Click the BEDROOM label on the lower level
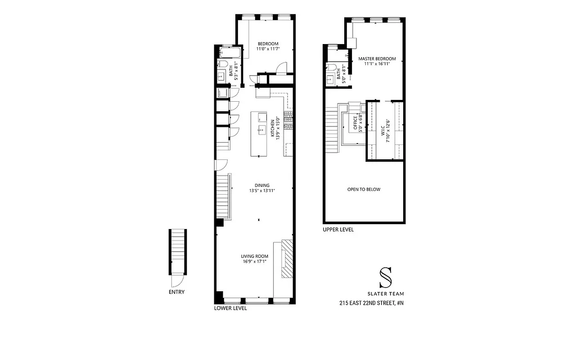(x=267, y=44)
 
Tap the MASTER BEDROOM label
(x=377, y=59)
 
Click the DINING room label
(x=262, y=185)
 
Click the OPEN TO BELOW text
(x=364, y=189)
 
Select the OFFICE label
(x=355, y=123)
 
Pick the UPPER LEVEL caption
(x=338, y=229)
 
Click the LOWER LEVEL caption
(x=230, y=309)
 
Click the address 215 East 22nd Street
(x=371, y=303)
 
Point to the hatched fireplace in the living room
(x=287, y=259)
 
